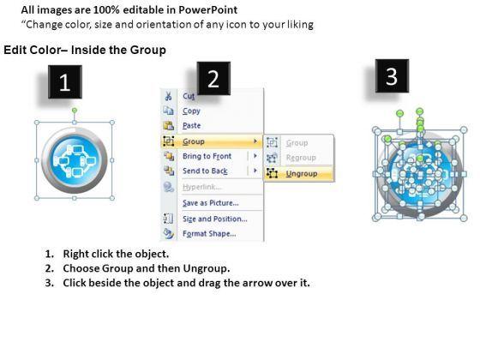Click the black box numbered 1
click(65, 81)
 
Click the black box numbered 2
click(213, 78)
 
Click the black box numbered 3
click(392, 76)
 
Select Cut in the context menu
click(189, 96)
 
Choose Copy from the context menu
click(191, 111)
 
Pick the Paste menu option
click(192, 125)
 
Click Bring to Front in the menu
click(207, 156)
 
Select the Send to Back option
click(205, 171)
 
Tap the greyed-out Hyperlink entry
click(201, 187)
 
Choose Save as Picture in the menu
click(211, 202)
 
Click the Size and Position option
click(215, 219)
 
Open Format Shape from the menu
click(209, 233)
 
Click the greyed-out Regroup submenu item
click(301, 158)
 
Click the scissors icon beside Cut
click(168, 96)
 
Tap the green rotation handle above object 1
click(75, 110)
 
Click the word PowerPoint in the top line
click(207, 10)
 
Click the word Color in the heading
click(44, 50)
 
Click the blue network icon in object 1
click(75, 160)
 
